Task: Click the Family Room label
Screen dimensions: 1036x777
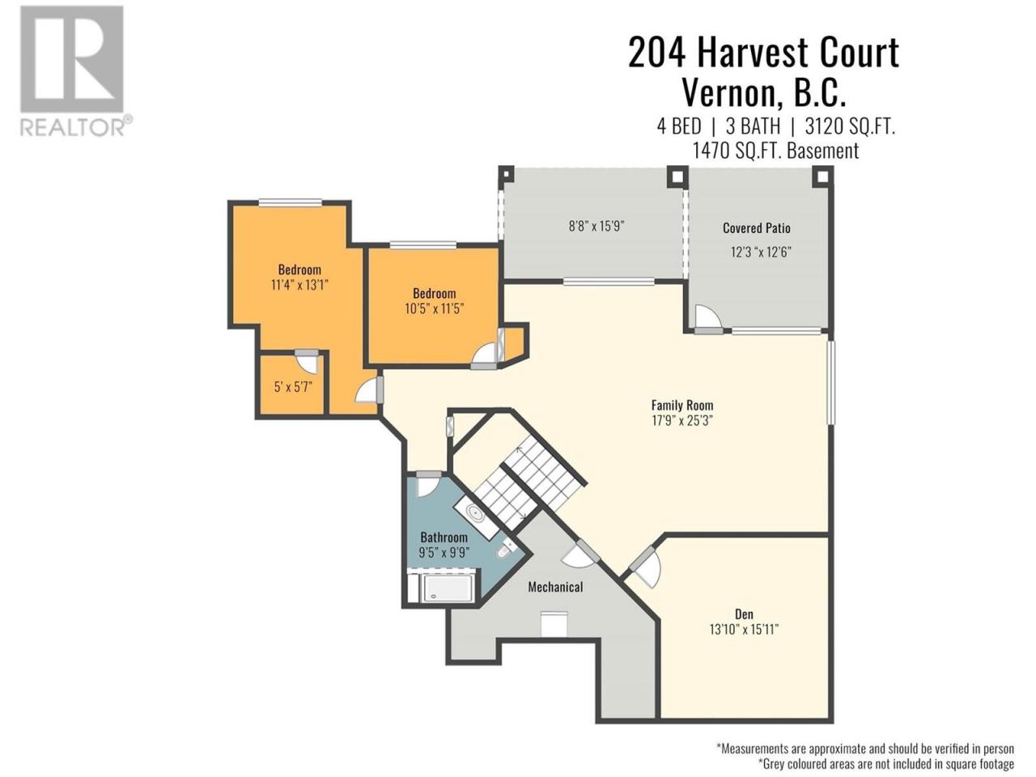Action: [x=682, y=405]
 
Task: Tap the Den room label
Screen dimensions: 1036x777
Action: [x=744, y=614]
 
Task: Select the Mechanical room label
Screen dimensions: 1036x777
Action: [x=555, y=587]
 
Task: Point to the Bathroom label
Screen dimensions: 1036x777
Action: [x=444, y=537]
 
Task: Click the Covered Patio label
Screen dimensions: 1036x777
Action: [x=756, y=228]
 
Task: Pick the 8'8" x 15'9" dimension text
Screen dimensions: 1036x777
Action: [x=597, y=226]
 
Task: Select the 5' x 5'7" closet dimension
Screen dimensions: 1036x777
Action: [x=293, y=388]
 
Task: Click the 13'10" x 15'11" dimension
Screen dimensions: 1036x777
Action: [x=744, y=630]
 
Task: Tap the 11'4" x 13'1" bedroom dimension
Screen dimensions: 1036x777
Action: [x=299, y=285]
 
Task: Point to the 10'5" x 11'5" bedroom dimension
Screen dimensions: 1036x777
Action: [x=434, y=308]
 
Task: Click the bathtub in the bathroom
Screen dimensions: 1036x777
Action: [x=448, y=588]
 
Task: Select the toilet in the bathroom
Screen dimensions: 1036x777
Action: [x=507, y=549]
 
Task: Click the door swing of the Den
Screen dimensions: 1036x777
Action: [x=645, y=567]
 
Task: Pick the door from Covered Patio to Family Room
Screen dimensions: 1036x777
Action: [x=707, y=319]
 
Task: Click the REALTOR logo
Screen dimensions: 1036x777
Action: [x=75, y=71]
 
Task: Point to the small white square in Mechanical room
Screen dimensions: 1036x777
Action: [x=554, y=624]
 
